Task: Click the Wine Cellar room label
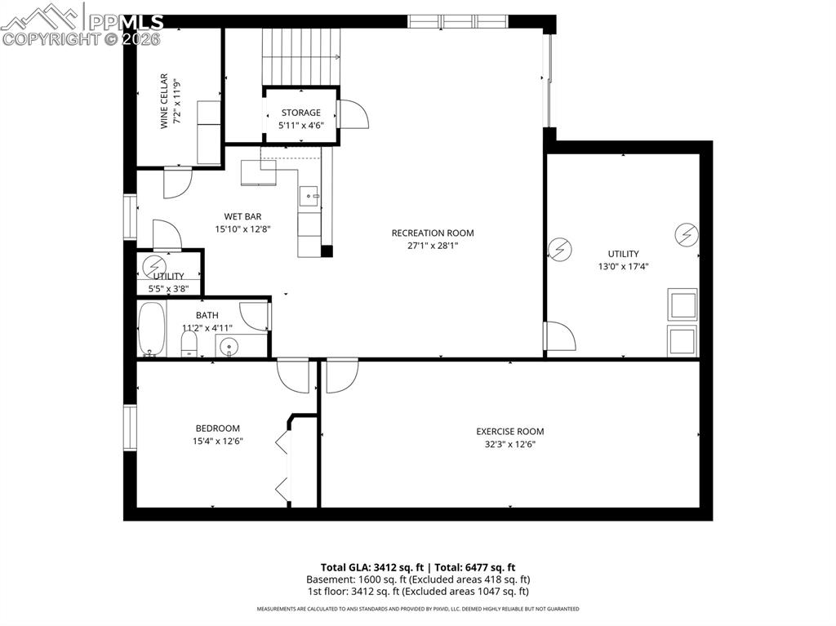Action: (x=163, y=101)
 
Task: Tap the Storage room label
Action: (x=300, y=113)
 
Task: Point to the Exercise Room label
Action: (x=509, y=431)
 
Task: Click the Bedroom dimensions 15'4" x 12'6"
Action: (x=217, y=441)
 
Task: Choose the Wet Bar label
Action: (x=242, y=216)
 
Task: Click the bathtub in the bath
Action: (x=151, y=329)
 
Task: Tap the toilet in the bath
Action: (x=189, y=340)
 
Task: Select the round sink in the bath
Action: (x=229, y=346)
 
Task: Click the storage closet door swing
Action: (x=353, y=114)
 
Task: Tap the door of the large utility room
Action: (x=560, y=335)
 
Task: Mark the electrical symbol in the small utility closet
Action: (x=153, y=265)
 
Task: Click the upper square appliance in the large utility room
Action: (x=682, y=304)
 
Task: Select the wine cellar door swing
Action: (x=177, y=182)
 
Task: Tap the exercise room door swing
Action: (x=340, y=376)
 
